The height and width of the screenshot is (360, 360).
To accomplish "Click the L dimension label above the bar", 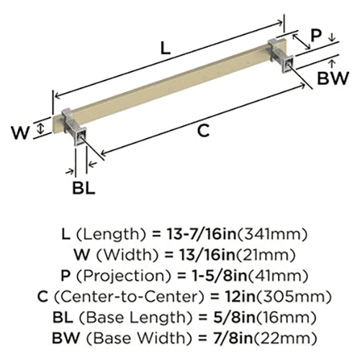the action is point(166,48).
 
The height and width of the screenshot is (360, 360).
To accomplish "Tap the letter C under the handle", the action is point(203,131).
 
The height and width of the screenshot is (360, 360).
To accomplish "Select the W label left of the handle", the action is point(21,132).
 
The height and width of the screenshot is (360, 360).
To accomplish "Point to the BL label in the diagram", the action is point(84,188).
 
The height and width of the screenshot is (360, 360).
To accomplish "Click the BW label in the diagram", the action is point(333,78).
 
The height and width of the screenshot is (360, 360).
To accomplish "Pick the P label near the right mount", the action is point(316,35).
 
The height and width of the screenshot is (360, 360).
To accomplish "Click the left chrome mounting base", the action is point(74,127).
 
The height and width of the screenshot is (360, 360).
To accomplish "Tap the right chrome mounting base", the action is point(281,54).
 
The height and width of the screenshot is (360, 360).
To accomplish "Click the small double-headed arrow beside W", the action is point(41,128).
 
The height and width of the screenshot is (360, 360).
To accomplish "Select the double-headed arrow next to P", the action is point(301,42).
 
